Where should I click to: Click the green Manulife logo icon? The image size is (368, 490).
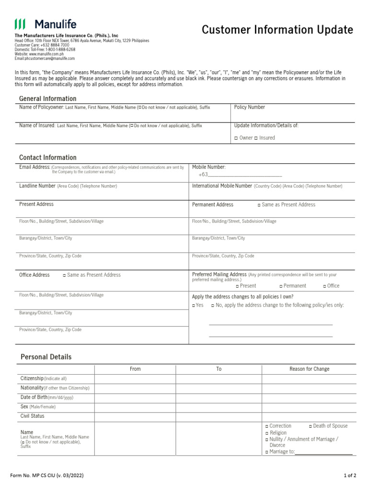click(x=20, y=24)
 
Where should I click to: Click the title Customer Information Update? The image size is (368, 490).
click(x=277, y=30)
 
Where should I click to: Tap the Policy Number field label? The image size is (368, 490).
click(x=249, y=107)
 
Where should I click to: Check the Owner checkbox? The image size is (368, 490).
click(x=236, y=138)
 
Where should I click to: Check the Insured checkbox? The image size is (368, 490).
click(x=255, y=138)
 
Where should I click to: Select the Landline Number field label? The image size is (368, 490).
click(x=37, y=186)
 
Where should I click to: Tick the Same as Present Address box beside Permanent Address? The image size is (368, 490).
click(x=259, y=205)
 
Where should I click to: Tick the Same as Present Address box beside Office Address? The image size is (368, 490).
click(x=65, y=275)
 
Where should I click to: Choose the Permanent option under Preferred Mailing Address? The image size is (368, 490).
click(x=281, y=286)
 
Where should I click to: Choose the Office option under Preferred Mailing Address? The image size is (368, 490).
click(x=324, y=286)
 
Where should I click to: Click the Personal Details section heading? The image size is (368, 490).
click(x=46, y=357)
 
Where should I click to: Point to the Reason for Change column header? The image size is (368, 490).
click(x=309, y=369)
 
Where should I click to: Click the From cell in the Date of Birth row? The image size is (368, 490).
click(x=135, y=397)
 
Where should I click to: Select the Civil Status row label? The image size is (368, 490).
click(x=32, y=416)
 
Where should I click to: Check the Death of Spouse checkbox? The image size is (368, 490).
click(x=310, y=426)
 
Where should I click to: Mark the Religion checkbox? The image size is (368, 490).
click(x=267, y=433)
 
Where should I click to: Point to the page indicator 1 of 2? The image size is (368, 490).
click(x=350, y=476)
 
